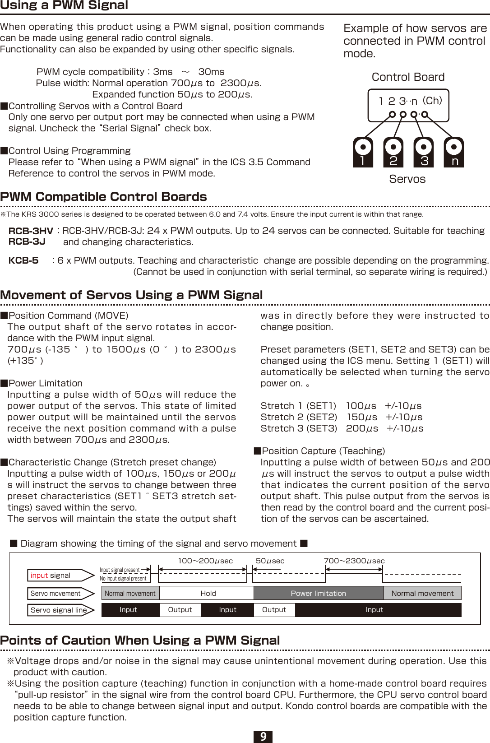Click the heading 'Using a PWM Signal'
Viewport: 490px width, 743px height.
pyautogui.click(x=64, y=5)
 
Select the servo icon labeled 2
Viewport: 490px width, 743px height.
pyautogui.click(x=393, y=153)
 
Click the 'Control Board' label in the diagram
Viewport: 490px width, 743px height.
pyautogui.click(x=408, y=77)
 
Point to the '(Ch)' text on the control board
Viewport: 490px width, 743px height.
pyautogui.click(x=432, y=101)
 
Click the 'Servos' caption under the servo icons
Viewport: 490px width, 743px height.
pyautogui.click(x=407, y=179)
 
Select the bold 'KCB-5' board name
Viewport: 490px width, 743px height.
pyautogui.click(x=23, y=260)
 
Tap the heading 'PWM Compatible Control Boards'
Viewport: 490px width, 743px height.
pyautogui.click(x=104, y=197)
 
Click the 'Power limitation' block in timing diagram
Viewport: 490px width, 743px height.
pyautogui.click(x=318, y=593)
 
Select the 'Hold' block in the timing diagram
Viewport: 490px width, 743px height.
pyautogui.click(x=208, y=593)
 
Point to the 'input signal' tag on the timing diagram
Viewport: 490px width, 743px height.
pyautogui.click(x=51, y=576)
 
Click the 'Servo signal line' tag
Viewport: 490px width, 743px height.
pyautogui.click(x=58, y=610)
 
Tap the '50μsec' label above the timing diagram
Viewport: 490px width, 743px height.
pyautogui.click(x=270, y=561)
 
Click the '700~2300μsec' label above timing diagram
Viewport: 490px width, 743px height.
pyautogui.click(x=354, y=561)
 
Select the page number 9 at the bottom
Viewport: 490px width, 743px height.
pyautogui.click(x=263, y=737)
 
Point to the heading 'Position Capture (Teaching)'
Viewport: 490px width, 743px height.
pyautogui.click(x=323, y=451)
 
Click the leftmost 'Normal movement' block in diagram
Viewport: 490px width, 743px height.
pyautogui.click(x=130, y=593)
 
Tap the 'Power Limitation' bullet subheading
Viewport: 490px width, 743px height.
pyautogui.click(x=45, y=383)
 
